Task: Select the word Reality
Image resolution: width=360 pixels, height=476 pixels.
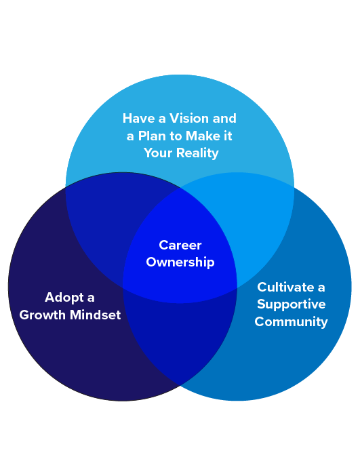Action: pyautogui.click(x=197, y=153)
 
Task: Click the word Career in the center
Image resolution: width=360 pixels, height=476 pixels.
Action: pyautogui.click(x=180, y=245)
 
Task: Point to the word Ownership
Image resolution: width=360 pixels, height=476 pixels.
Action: pyautogui.click(x=180, y=262)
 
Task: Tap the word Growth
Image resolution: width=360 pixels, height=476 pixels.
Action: pyautogui.click(x=42, y=315)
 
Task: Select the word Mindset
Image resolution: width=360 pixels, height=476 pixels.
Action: pyautogui.click(x=96, y=315)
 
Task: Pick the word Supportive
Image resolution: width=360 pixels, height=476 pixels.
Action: pyautogui.click(x=291, y=304)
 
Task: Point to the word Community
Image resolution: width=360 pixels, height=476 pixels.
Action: pyautogui.click(x=291, y=322)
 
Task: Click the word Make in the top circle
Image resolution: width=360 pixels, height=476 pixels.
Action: pyautogui.click(x=203, y=136)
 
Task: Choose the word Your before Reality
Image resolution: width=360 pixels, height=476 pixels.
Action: pyautogui.click(x=159, y=153)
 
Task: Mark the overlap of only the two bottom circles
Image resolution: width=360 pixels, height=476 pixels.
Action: pyautogui.click(x=180, y=340)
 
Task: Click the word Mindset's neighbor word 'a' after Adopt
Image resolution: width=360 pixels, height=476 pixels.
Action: pyautogui.click(x=91, y=298)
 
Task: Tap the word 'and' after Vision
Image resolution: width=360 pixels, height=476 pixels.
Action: pyautogui.click(x=224, y=119)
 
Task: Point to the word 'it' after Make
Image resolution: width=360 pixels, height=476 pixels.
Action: pyautogui.click(x=228, y=136)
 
